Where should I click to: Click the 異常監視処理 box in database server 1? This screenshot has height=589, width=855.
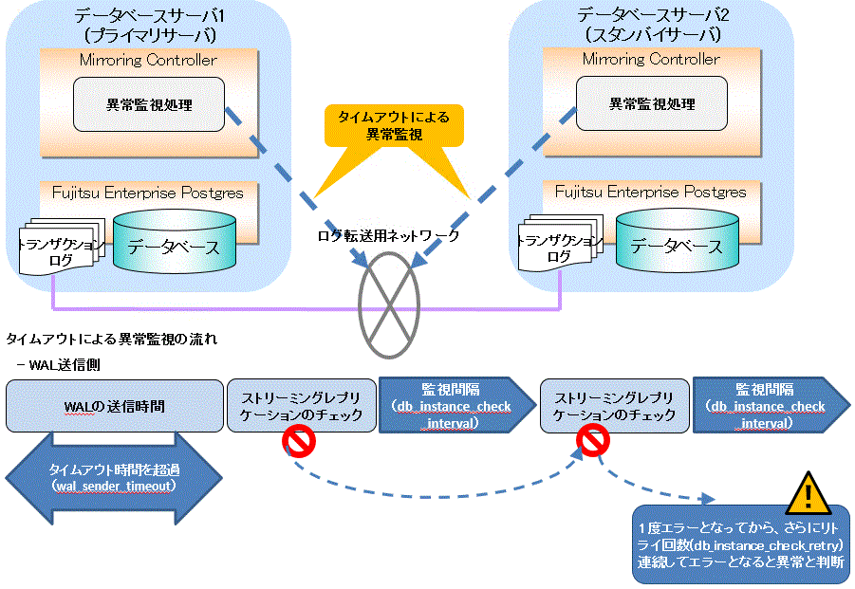(149, 104)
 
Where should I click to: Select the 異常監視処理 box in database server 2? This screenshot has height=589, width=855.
(652, 103)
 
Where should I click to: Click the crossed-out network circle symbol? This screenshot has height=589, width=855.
(389, 305)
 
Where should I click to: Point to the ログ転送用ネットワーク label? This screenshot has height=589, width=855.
(388, 235)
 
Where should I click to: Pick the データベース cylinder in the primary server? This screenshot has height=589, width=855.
(175, 240)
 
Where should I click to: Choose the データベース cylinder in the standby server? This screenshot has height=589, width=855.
(678, 239)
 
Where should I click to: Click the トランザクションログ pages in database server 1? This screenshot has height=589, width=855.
(61, 247)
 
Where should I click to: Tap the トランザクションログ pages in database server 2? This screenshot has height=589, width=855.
(560, 244)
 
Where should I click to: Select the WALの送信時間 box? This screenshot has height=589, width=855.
(115, 406)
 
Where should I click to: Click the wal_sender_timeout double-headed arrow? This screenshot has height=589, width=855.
(114, 478)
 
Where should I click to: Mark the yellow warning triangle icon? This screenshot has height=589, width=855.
(809, 494)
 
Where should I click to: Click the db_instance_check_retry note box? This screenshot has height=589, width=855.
(741, 544)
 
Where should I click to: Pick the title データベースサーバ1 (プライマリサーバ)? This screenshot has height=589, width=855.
(149, 25)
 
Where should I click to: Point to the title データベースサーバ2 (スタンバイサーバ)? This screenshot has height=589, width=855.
(652, 24)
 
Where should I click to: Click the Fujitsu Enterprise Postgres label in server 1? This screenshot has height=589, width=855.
(148, 193)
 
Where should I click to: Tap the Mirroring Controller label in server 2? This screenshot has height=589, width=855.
(651, 58)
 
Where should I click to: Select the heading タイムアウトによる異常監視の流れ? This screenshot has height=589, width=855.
(112, 339)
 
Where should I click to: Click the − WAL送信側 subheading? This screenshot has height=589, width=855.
(58, 364)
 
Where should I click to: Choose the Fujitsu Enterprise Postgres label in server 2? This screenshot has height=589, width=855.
(651, 192)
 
